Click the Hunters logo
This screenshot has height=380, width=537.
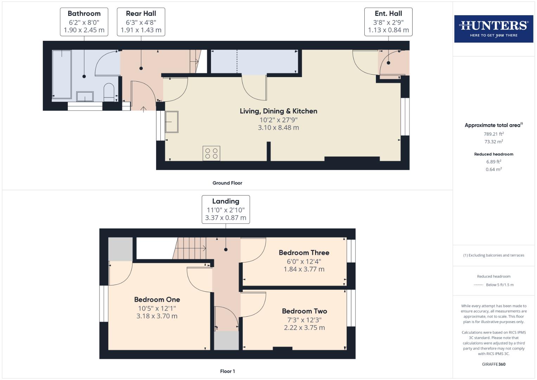tap(493, 29)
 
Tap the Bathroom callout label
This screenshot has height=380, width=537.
tap(84, 22)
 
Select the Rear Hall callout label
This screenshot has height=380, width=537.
tap(141, 22)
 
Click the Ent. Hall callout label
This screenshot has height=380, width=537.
tap(388, 22)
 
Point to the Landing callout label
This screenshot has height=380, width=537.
tap(226, 209)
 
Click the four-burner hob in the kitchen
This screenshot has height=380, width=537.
tap(211, 153)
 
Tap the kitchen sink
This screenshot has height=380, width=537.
tap(172, 122)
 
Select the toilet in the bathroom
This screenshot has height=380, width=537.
tap(109, 92)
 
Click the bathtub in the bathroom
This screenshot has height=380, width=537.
tap(62, 74)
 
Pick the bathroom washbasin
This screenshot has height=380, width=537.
tap(85, 96)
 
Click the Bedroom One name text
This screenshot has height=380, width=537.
tap(157, 299)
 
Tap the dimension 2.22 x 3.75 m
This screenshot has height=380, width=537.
tap(304, 328)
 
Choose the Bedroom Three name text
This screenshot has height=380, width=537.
tap(304, 253)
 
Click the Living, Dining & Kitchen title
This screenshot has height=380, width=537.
tap(279, 111)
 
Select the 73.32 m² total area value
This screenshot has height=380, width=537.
tap(493, 142)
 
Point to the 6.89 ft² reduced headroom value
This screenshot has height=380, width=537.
tap(493, 162)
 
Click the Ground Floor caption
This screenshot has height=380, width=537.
tap(227, 183)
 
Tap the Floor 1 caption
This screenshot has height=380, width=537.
tap(227, 371)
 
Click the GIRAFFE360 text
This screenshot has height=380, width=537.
tap(493, 364)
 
